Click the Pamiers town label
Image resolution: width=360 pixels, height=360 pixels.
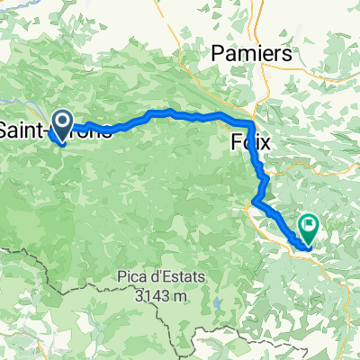point(252,54)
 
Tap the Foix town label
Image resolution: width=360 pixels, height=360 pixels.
point(251,142)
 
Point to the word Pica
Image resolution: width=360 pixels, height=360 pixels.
point(133,249)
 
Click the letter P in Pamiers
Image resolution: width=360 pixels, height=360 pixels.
point(217,54)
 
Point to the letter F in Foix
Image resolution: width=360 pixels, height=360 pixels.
point(236,142)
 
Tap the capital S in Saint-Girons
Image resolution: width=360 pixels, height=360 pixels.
point(4,131)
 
